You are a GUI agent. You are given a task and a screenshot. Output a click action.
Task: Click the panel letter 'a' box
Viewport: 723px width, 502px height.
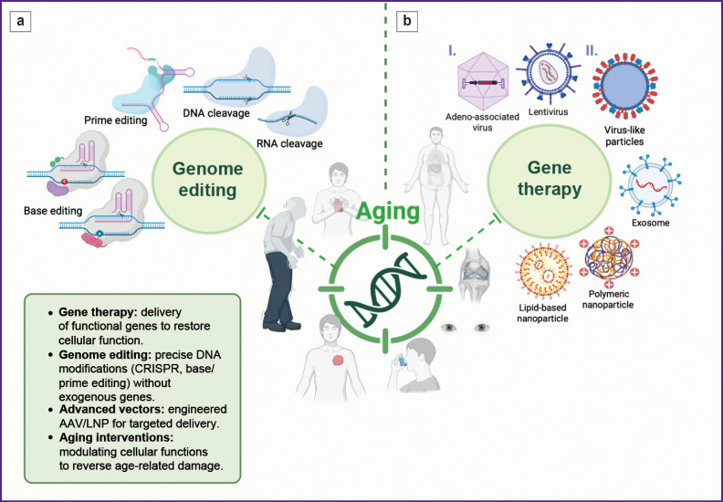click(20, 22)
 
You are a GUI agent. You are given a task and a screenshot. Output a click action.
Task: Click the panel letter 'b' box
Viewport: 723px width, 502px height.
click(407, 22)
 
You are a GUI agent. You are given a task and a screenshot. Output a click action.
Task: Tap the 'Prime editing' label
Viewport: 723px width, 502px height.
click(116, 120)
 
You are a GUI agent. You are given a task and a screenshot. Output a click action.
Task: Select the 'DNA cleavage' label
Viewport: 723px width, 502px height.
click(216, 113)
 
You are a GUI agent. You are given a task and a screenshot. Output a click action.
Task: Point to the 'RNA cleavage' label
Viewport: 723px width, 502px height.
click(289, 143)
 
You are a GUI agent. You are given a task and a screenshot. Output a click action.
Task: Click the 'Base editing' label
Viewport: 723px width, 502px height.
click(53, 211)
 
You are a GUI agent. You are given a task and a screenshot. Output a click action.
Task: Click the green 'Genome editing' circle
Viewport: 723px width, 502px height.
click(208, 180)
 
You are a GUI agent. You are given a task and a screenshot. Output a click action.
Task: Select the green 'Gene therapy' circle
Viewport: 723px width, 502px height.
click(550, 179)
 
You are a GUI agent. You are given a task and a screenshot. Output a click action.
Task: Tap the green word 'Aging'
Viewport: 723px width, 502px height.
click(388, 212)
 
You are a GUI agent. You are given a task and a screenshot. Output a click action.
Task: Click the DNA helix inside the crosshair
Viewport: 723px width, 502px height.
click(385, 289)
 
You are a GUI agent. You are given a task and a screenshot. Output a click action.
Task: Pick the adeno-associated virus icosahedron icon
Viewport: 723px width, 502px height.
click(483, 81)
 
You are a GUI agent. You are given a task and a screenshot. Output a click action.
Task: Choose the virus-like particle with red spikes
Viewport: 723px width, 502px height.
click(624, 86)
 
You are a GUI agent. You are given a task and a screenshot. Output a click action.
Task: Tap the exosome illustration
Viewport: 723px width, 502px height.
click(651, 186)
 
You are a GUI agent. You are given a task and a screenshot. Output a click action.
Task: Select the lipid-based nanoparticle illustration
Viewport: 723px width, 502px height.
click(544, 272)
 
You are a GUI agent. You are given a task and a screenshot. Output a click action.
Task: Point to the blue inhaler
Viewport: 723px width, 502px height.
click(403, 361)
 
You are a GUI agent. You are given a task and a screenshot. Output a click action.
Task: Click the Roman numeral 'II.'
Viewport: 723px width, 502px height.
click(592, 50)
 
